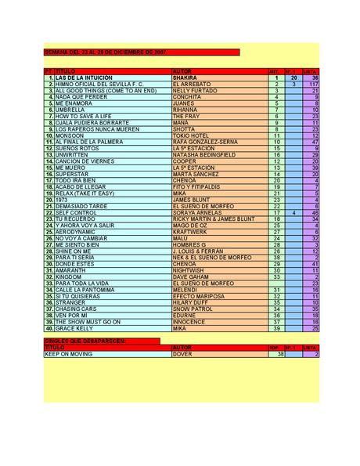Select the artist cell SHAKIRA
(185, 78)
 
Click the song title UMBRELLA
(70, 110)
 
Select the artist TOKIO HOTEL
(189, 135)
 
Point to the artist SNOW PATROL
(192, 309)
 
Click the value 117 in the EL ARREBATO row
(312, 85)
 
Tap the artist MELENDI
(185, 289)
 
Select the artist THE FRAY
(185, 116)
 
